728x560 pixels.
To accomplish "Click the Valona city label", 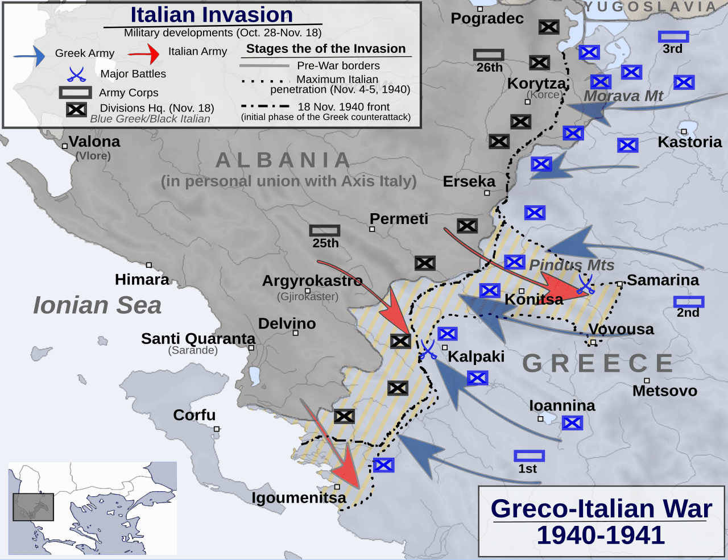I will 94,142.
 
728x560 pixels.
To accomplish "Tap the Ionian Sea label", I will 97,305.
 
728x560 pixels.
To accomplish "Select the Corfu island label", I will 195,415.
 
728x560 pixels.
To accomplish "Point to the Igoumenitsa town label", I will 299,498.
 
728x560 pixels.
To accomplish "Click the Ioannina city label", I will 562,405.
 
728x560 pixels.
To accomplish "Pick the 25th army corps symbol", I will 325,230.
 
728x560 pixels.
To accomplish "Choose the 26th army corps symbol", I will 489,55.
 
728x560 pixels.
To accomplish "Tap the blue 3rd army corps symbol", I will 673,37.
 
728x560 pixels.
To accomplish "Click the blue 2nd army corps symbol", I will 689,301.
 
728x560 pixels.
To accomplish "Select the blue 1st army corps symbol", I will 529,456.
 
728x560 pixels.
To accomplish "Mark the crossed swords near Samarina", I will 585,284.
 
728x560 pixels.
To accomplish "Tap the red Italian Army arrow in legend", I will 144,54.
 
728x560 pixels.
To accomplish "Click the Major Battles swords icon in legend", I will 76,74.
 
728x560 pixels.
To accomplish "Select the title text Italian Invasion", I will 212,15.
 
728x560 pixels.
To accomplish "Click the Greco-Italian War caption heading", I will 601,509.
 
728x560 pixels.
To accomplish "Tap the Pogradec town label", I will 487,19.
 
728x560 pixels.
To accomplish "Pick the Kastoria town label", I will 689,142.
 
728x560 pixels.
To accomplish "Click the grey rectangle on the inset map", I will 34,507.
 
